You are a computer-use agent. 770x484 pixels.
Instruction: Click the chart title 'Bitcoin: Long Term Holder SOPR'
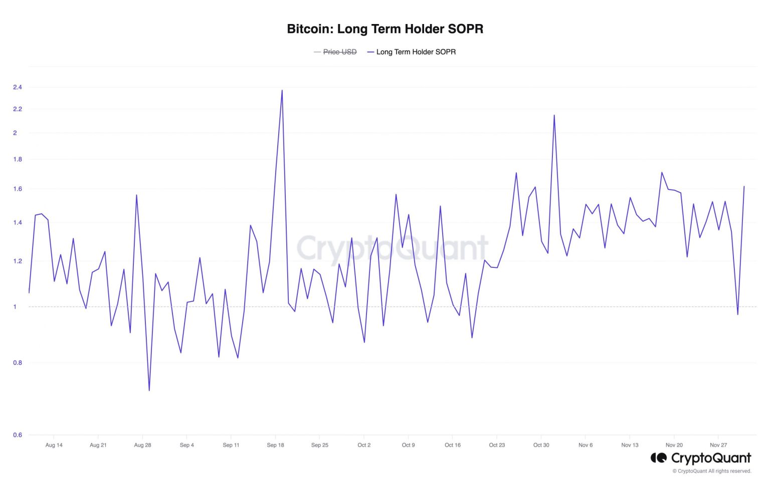[x=385, y=29]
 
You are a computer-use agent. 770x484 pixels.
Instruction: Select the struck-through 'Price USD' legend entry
[x=339, y=52]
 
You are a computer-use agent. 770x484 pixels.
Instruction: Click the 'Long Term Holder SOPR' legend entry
[x=416, y=52]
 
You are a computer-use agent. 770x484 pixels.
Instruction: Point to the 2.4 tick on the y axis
[x=18, y=87]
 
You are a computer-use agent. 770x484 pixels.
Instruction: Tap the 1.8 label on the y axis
[x=18, y=159]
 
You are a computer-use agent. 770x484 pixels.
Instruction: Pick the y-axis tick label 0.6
[x=18, y=435]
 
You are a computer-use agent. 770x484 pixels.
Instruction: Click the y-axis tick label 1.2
[x=18, y=261]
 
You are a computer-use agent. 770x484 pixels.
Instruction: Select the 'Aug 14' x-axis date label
[x=54, y=445]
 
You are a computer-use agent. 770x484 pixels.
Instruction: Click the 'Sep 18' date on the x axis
[x=275, y=445]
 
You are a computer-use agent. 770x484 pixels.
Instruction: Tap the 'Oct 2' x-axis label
[x=364, y=445]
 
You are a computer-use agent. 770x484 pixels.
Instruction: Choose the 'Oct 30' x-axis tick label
[x=541, y=445]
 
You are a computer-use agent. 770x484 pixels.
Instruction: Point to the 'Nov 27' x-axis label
[x=718, y=445]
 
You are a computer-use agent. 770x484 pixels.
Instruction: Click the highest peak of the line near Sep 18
[x=282, y=91]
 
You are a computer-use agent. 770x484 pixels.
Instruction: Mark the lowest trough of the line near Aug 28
[x=149, y=390]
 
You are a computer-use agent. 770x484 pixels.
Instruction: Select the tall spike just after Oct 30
[x=554, y=116]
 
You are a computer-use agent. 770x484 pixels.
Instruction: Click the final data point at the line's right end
[x=744, y=186]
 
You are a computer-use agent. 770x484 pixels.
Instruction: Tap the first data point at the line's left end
[x=29, y=292]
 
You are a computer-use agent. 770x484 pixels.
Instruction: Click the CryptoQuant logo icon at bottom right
[x=658, y=458]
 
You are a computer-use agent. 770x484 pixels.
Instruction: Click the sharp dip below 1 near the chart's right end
[x=737, y=314]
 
